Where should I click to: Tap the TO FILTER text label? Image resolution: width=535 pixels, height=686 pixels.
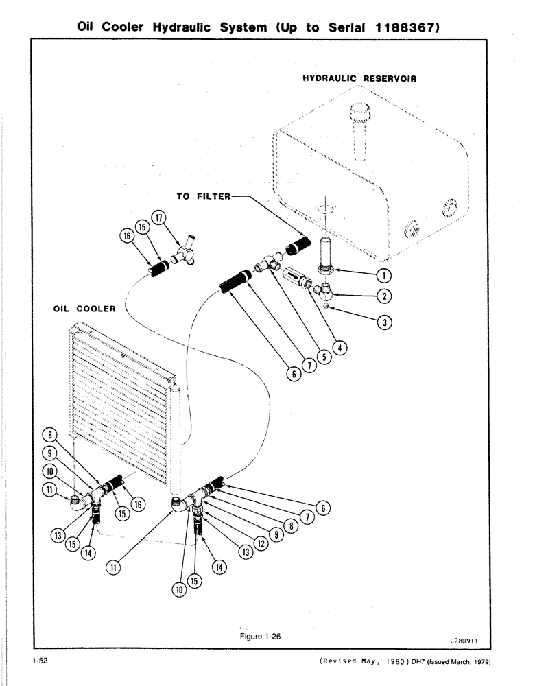point(203,196)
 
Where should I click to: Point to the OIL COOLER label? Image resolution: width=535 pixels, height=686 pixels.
point(84,308)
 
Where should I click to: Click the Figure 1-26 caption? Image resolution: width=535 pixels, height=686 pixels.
point(260,636)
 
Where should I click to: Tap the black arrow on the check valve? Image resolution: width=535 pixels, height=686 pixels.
point(294,277)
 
